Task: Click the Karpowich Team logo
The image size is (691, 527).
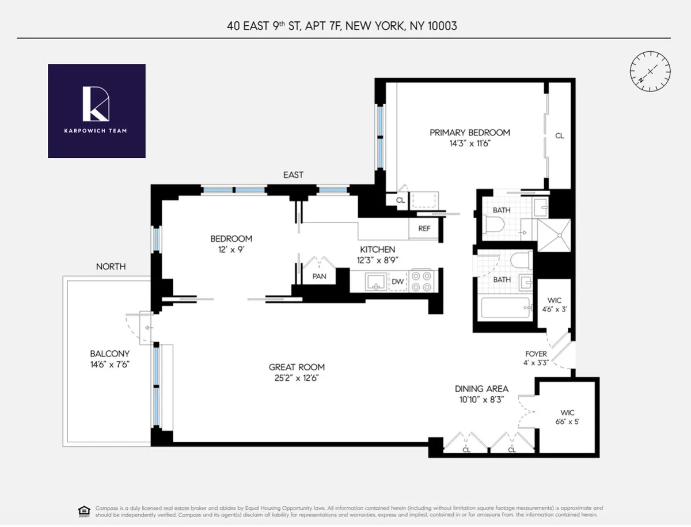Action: coord(96,111)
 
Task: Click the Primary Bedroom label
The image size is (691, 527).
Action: coord(470,132)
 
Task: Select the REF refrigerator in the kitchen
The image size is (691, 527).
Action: coord(424,229)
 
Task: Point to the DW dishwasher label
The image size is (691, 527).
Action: coord(397,282)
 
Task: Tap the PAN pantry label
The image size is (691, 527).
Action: coord(319,276)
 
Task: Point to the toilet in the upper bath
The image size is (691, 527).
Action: coord(495,225)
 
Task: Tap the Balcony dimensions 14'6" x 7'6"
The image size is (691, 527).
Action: coord(109,365)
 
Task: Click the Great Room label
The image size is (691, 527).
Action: coord(297,367)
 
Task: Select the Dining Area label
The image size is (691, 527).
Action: coord(481,389)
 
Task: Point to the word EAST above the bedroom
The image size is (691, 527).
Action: coord(293,175)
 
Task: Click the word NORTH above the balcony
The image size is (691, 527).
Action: coord(111,267)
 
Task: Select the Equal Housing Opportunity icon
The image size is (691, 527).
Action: coord(84,511)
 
